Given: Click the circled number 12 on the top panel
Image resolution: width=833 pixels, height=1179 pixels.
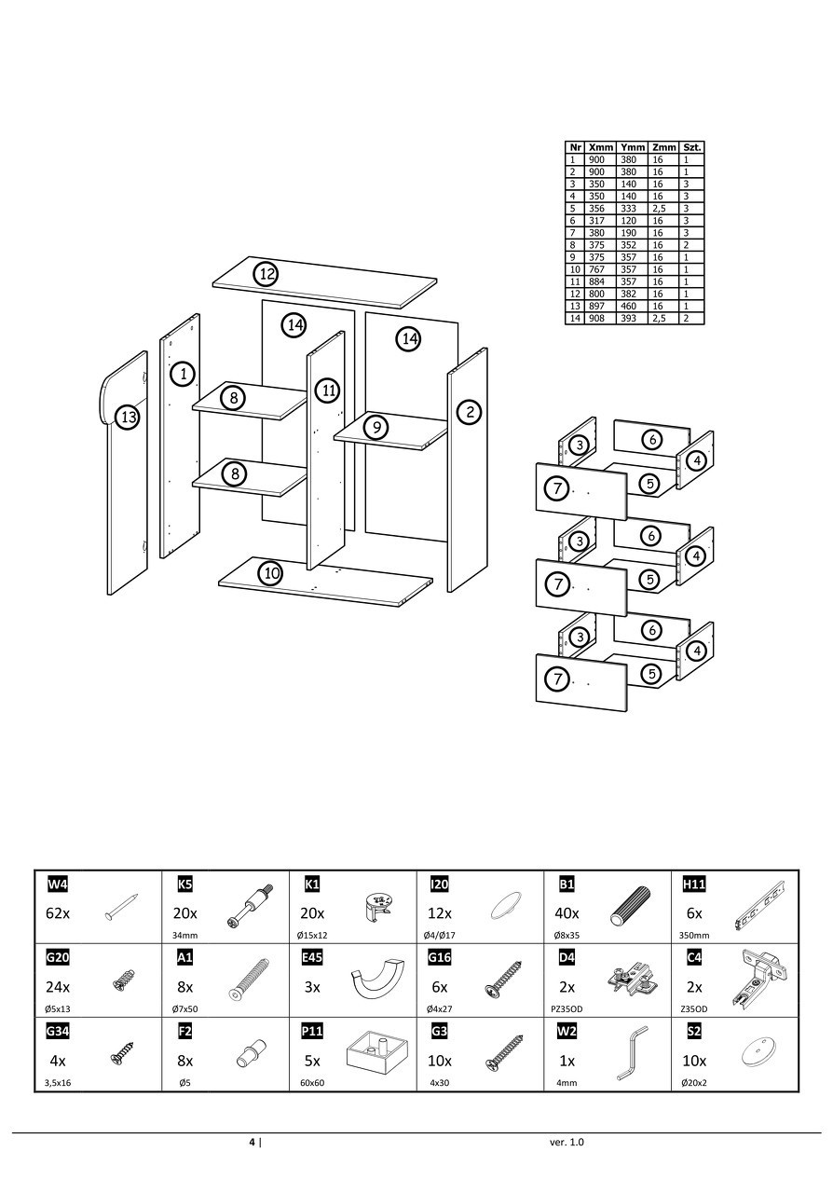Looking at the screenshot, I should (267, 274).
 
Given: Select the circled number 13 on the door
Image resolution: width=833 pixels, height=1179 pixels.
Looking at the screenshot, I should (128, 417).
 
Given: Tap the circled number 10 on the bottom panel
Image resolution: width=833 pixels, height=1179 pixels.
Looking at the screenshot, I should (270, 573).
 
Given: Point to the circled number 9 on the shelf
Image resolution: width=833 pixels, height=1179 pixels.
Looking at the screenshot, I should (375, 428).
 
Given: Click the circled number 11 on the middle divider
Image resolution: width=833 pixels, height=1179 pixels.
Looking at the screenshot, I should (327, 391).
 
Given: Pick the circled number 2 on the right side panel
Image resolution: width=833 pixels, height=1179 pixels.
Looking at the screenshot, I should (471, 412).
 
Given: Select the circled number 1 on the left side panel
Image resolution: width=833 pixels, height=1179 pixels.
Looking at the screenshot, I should (184, 375).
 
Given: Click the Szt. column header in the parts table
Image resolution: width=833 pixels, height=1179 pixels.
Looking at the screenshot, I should (692, 147).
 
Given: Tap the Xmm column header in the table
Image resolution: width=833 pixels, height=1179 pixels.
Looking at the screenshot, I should (601, 147).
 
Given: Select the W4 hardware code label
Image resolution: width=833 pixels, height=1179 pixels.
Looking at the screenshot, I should (58, 884).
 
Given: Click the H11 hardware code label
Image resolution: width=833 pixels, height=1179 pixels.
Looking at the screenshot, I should (694, 884).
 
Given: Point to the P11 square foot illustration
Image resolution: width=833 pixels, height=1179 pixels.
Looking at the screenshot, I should (377, 1053).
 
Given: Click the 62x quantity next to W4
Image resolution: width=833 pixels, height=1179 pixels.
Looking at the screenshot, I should (58, 913).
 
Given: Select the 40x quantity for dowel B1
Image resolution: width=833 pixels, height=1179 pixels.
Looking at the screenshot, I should (567, 913).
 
